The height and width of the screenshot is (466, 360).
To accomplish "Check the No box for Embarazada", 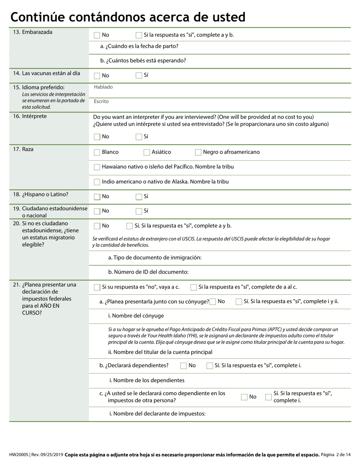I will coord(97,35).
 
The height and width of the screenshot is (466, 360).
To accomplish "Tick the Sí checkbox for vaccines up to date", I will coord(139,75).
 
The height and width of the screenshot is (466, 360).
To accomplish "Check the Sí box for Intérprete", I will coord(139,137).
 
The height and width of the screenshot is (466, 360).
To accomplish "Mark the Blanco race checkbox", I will coord(97,152).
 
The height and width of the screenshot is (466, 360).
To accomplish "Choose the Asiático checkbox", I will coord(147,152).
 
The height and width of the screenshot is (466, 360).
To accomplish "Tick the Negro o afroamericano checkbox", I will coord(198,152).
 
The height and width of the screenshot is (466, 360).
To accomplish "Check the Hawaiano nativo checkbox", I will coord(97,167).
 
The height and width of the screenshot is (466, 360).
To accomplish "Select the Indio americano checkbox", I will coord(97,182).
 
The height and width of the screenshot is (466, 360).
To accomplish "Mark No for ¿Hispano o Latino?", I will coord(97,197).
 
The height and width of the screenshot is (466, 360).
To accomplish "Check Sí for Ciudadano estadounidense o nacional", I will coord(139,211).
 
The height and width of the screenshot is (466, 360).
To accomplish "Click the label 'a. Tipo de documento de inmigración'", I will coord(155,258).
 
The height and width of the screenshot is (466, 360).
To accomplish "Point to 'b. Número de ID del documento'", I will coord(148,272).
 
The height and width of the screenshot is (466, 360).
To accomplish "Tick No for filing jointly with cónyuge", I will coord(213,302).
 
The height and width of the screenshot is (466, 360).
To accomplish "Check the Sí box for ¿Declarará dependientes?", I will coord(210,366).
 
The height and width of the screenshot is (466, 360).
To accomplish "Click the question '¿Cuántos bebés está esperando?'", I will coord(143,61).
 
